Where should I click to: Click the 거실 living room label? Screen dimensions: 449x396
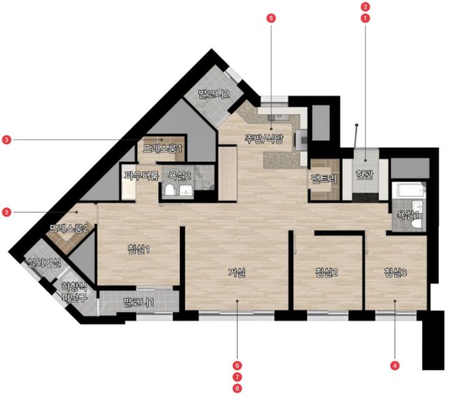coord(236,273)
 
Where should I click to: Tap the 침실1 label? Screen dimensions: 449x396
coord(138,249)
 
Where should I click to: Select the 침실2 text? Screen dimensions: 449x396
coord(326,273)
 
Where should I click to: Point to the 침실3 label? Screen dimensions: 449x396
coord(395,273)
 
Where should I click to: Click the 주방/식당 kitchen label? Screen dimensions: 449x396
coord(264,138)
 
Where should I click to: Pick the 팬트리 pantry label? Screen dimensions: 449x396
coord(324,179)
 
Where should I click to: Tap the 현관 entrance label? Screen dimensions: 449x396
coord(364,174)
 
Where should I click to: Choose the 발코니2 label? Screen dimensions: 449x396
coord(214,94)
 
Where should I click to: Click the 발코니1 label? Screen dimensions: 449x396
coord(138,302)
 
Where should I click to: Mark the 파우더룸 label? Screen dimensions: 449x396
coord(142,175)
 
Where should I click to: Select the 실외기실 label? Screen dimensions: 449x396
coord(44,263)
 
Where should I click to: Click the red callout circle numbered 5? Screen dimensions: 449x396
coord(271,18)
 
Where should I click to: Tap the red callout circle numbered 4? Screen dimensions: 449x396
coord(395,365)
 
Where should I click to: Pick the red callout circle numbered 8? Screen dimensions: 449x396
coord(237,389)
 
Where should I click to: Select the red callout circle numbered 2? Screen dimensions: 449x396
coord(365,6)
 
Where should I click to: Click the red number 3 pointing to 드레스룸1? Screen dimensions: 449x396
coord(6,140)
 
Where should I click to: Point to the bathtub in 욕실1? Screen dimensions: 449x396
coord(408,190)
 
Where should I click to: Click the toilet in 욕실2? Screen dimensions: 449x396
coord(170,190)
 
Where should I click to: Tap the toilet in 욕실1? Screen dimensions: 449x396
coord(417,224)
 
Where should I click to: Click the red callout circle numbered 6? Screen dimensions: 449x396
coord(237,365)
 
